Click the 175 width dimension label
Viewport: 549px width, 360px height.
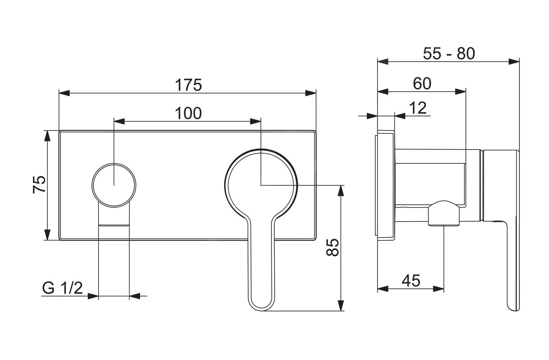tap(188, 85)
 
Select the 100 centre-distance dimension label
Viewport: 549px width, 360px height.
tap(188, 114)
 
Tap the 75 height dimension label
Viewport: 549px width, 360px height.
tap(39, 184)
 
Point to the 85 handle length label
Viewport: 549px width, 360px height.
tap(332, 247)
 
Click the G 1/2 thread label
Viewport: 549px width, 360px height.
tap(62, 288)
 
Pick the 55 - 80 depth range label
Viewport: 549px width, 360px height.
tap(448, 54)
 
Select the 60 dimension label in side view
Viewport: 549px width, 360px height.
tap(422, 84)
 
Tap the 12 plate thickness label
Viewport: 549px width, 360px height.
tap(418, 108)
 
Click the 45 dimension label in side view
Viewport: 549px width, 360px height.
tap(411, 281)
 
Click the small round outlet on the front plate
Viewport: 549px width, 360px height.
tap(114, 185)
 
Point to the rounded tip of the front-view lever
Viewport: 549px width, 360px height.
tap(261, 304)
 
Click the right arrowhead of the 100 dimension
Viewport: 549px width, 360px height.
tap(256, 121)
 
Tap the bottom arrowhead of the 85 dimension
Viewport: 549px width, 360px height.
tap(341, 306)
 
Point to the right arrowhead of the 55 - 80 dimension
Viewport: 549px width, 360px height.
tap(514, 62)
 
